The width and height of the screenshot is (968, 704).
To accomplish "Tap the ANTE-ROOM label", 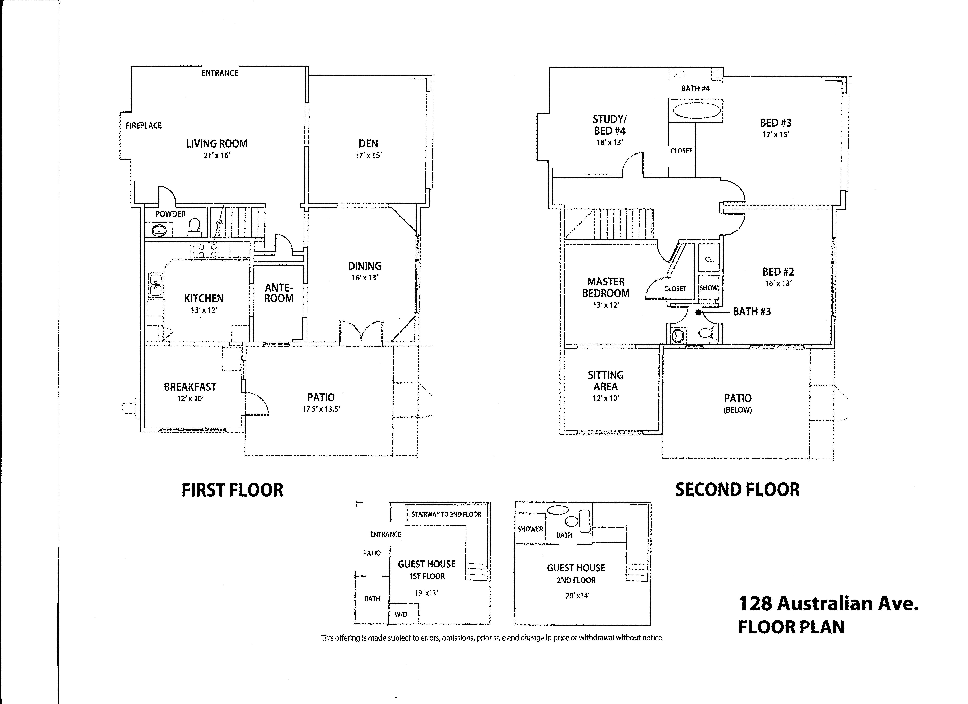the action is [279, 293].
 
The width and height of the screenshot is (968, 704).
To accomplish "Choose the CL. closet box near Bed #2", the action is [709, 259].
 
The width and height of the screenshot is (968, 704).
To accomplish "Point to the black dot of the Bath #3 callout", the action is [698, 312].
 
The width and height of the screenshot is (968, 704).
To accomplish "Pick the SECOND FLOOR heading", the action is [737, 490].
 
